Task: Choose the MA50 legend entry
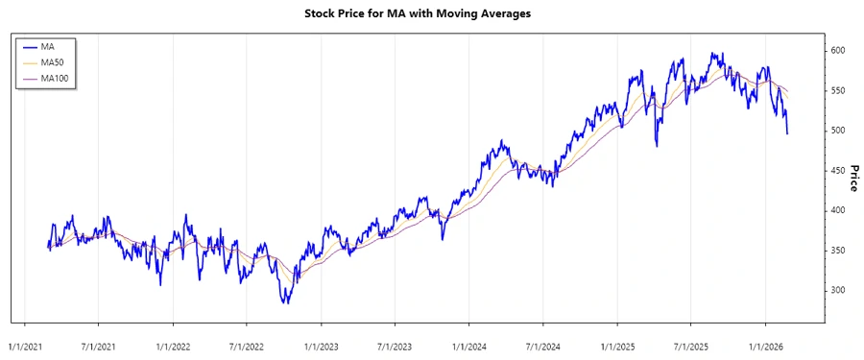(54, 61)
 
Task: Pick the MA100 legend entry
(56, 78)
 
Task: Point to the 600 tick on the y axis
(838, 50)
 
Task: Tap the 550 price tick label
(838, 90)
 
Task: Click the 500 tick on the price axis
(838, 131)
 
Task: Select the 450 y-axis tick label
(838, 170)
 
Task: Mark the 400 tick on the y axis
(838, 210)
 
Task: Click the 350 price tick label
(838, 251)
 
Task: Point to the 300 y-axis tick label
(838, 290)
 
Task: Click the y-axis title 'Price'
(852, 177)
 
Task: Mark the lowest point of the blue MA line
(285, 303)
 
